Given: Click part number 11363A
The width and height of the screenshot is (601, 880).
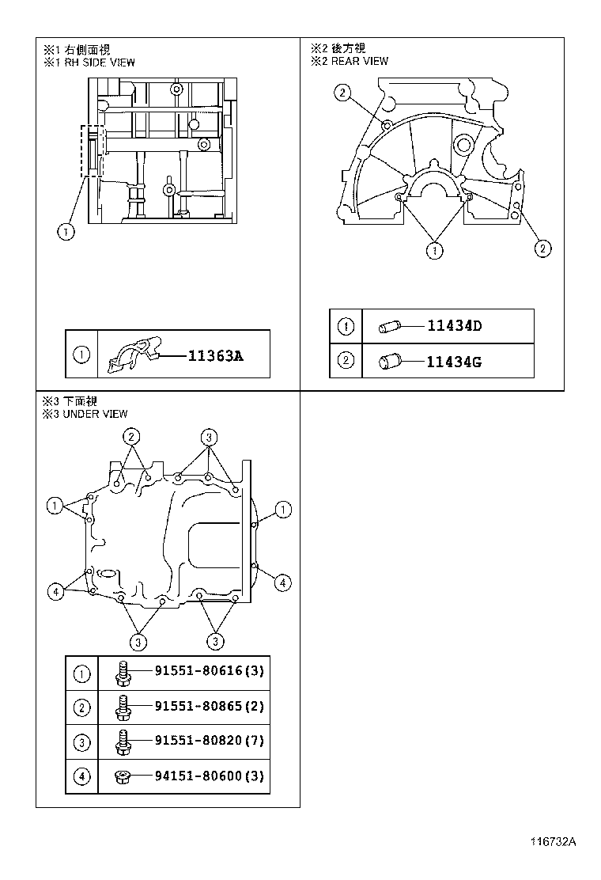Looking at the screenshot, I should coord(215,356).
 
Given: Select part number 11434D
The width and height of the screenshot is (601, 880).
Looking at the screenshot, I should coord(454,325).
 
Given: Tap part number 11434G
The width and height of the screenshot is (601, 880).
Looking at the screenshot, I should coord(454,362).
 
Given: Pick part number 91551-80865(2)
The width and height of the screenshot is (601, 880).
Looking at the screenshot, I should coord(209,706).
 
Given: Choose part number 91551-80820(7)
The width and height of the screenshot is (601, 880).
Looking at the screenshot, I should coord(209,742).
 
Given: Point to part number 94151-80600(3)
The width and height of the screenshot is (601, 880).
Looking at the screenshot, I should coord(209,776).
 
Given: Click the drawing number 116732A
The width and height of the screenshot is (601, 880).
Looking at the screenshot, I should coord(553,843).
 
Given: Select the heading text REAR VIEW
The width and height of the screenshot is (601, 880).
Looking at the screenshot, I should coord(360,61).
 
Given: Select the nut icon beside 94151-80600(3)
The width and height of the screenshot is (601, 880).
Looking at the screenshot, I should coord(123,776).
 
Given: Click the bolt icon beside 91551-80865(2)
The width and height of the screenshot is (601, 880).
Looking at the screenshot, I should coord(123,706).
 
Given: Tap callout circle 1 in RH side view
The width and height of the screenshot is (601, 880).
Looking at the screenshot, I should coord(66,231).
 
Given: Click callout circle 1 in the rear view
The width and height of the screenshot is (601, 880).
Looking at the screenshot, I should coord(433,251).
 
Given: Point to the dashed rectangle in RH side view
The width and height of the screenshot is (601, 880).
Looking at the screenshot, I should coord(93,150).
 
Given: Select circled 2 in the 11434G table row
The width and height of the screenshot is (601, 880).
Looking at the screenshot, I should coord(346,362).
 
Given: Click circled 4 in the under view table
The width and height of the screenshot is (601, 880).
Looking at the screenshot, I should coord(81,776).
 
